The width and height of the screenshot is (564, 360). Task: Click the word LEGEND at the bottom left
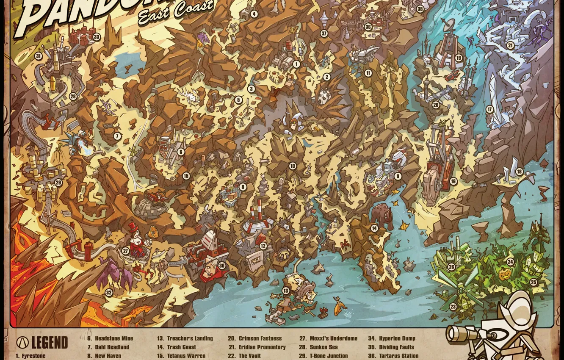(x=49, y=342)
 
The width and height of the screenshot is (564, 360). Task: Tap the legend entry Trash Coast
(x=182, y=347)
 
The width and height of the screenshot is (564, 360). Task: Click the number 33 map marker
(x=97, y=37)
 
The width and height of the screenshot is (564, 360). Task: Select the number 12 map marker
(x=263, y=246)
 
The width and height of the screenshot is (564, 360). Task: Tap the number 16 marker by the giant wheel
(x=453, y=181)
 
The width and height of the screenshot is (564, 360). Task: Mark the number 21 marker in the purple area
(x=510, y=45)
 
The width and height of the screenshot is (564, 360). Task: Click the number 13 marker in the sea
(x=286, y=291)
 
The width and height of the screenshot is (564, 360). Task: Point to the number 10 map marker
(x=293, y=166)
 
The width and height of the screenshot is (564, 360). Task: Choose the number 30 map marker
(x=222, y=266)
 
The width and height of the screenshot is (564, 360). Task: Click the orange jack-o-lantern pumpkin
(x=504, y=274)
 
